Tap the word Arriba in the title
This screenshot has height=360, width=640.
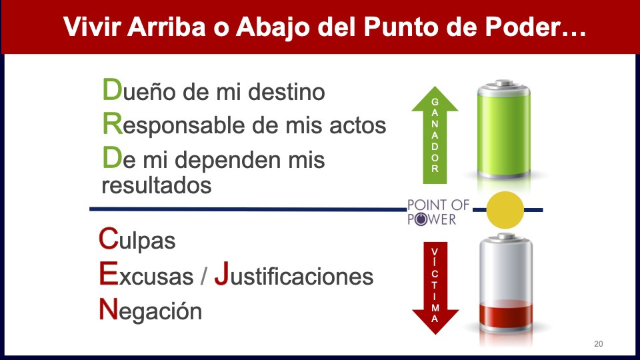(x=166, y=27)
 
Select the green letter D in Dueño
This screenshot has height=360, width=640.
(x=112, y=89)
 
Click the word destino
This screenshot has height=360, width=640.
(x=287, y=91)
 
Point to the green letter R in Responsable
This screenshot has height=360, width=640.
(x=113, y=123)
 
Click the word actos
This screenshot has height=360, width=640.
(x=357, y=125)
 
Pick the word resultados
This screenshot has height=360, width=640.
(x=157, y=185)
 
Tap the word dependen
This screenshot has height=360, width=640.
(x=228, y=159)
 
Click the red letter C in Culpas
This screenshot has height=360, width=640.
(x=109, y=239)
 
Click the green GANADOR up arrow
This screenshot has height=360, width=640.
(x=435, y=135)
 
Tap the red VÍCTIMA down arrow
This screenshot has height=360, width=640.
(x=435, y=288)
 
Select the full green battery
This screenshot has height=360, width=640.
(x=504, y=130)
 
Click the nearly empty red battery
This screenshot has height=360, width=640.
(x=506, y=283)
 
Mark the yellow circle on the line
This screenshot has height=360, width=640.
(x=505, y=210)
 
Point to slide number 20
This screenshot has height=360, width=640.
(x=599, y=344)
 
